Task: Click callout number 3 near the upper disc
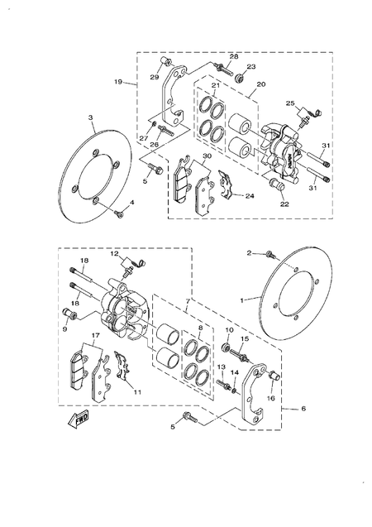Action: point(90,119)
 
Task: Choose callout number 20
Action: point(260,84)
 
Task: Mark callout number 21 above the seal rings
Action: point(215,86)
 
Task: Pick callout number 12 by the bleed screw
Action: point(116,253)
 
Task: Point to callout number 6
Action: point(303,409)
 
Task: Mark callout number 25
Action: point(290,103)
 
